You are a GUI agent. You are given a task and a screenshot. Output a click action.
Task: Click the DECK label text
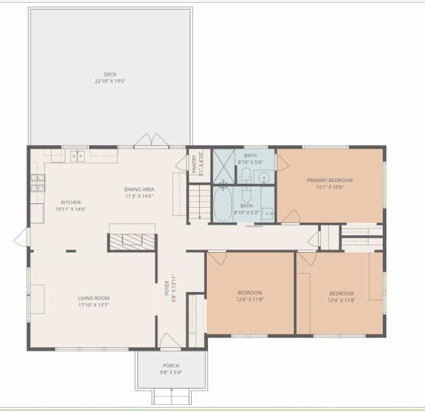click(110, 74)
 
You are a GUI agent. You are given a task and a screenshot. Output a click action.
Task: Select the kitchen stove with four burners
click(37, 182)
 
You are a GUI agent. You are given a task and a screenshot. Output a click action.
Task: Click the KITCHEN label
click(71, 202)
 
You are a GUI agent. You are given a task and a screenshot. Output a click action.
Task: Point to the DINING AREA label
click(139, 189)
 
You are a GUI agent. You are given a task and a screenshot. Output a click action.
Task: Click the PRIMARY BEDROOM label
click(330, 180)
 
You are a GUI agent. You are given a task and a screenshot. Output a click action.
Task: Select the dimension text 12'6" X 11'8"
click(250, 299)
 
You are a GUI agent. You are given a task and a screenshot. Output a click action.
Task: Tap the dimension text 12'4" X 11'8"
click(341, 300)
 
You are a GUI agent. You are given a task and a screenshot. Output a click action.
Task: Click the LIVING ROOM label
click(93, 298)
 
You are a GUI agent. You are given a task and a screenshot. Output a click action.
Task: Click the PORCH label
click(171, 365)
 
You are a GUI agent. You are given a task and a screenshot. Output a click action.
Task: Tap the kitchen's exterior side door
click(22, 238)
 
